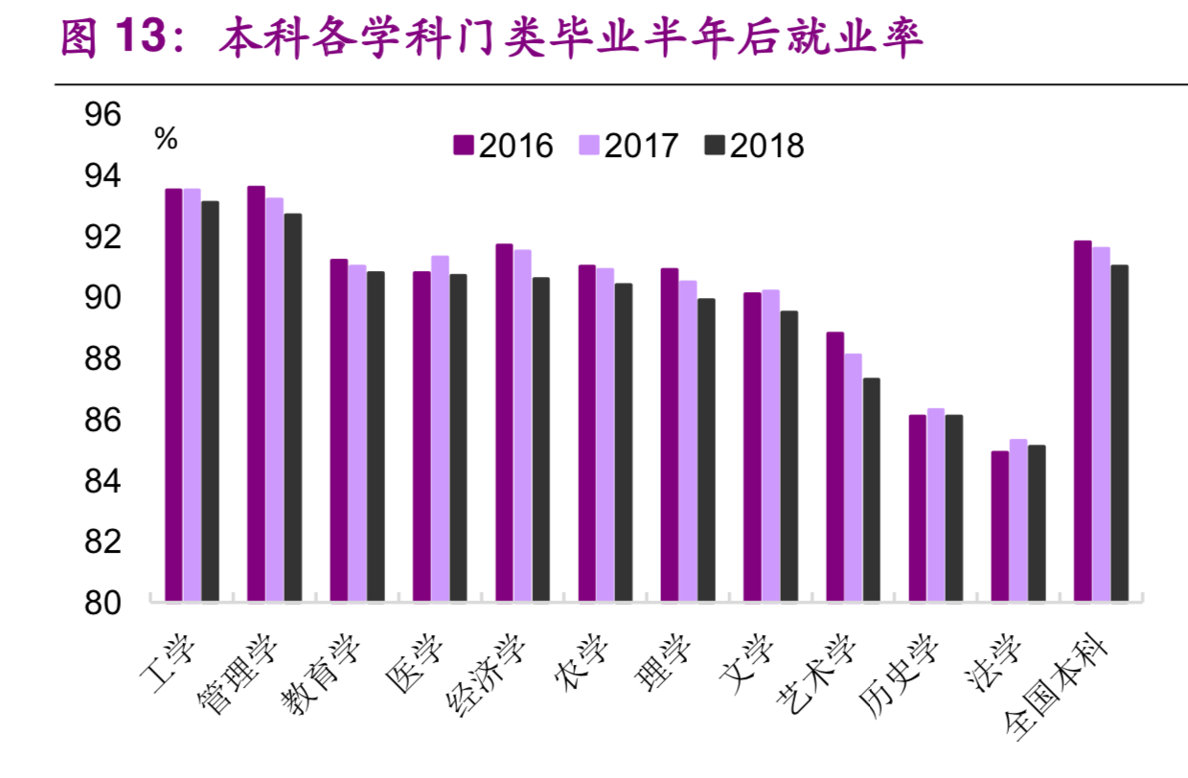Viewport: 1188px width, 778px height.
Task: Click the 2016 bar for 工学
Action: (x=173, y=395)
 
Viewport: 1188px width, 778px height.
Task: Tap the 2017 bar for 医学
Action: (x=440, y=428)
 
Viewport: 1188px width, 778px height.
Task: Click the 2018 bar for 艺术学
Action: (x=871, y=490)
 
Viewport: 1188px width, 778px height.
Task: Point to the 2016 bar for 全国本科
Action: (x=1083, y=421)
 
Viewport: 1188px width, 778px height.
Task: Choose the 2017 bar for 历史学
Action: (x=936, y=505)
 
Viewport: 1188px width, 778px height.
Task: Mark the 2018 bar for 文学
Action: (x=788, y=456)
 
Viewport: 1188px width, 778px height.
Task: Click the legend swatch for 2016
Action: (x=464, y=146)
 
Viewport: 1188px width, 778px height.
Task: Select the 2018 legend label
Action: (x=767, y=146)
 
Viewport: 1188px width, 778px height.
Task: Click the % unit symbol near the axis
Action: (x=166, y=140)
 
